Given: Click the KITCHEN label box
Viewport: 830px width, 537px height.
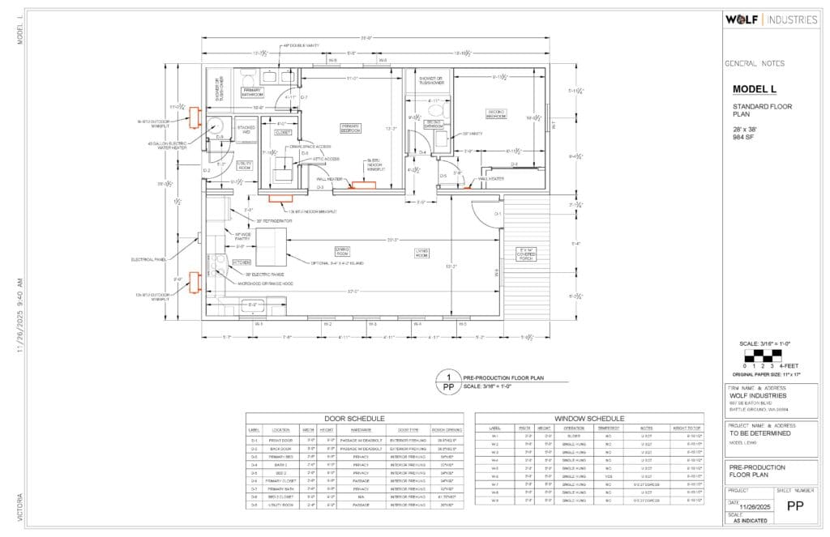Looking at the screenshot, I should [x=242, y=262].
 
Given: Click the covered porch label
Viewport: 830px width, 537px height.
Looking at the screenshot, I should [x=527, y=253].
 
